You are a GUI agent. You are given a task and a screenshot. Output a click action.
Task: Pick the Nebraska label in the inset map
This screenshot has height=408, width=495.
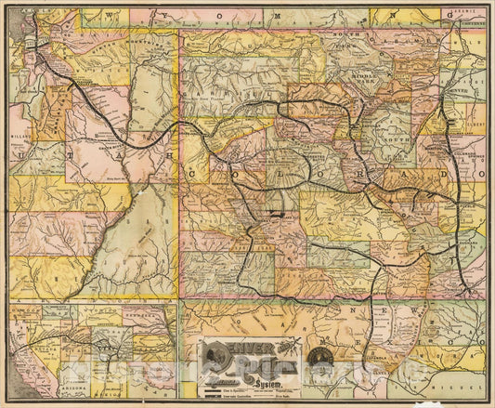(139, 321)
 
